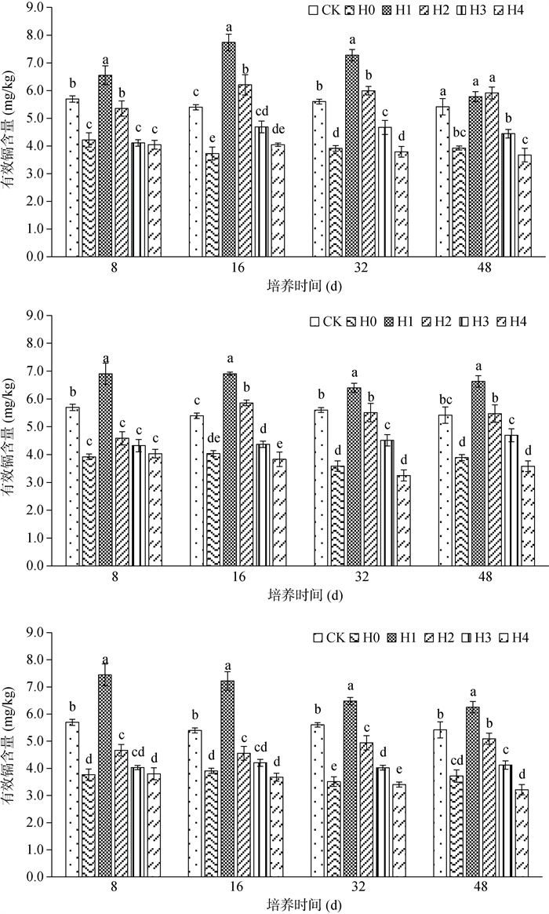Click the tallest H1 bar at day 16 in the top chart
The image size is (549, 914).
(x=228, y=149)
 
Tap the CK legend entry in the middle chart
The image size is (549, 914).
(x=323, y=320)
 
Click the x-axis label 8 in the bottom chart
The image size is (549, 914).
(x=114, y=887)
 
